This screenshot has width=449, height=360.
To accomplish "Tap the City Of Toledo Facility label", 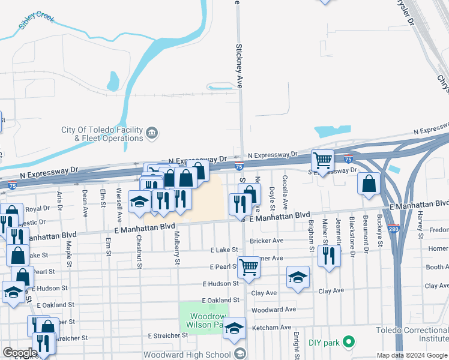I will pyautogui.click(x=101, y=130).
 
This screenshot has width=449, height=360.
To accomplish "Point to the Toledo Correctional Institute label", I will pyautogui.click(x=412, y=334).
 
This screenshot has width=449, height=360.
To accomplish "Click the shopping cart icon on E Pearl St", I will pyautogui.click(x=249, y=267).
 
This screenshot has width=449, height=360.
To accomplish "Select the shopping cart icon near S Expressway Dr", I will pyautogui.click(x=323, y=161).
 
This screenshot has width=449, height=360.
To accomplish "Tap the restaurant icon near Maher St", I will pyautogui.click(x=329, y=256).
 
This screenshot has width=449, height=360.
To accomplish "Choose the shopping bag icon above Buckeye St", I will pyautogui.click(x=369, y=183).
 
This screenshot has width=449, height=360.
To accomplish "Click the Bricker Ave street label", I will pyautogui.click(x=267, y=241).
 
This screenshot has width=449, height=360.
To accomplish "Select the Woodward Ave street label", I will pyautogui.click(x=274, y=310).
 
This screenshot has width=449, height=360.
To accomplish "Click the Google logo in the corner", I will pyautogui.click(x=20, y=353).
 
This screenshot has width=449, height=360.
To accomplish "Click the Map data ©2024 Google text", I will pyautogui.click(x=412, y=355).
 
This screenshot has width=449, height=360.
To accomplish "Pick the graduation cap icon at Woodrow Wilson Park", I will pyautogui.click(x=235, y=328).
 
